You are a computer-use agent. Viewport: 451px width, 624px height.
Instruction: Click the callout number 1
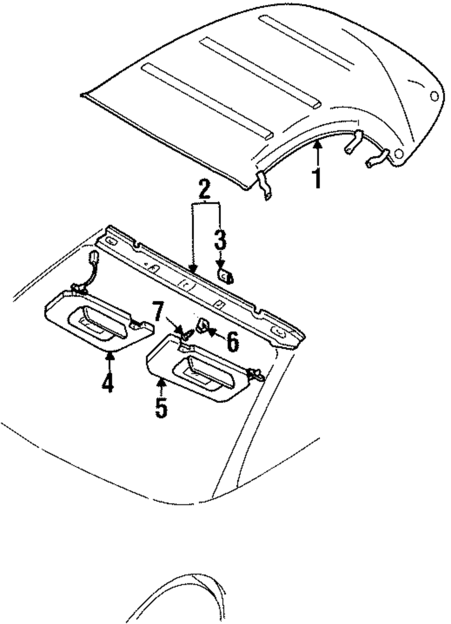click(x=318, y=178)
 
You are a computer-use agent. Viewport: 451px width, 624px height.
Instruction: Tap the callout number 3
click(x=220, y=241)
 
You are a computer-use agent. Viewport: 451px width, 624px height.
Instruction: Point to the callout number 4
click(x=107, y=383)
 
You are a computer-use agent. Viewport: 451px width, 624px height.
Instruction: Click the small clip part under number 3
click(x=225, y=275)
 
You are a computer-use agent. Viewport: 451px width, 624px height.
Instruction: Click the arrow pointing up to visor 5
click(x=161, y=387)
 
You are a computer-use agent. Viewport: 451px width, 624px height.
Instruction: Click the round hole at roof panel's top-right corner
click(x=434, y=96)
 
